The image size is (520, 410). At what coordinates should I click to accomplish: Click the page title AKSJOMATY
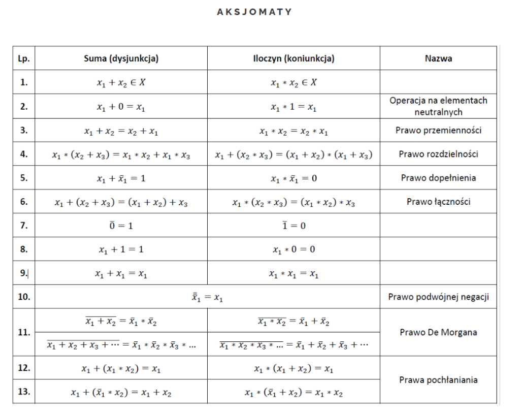(x=254, y=12)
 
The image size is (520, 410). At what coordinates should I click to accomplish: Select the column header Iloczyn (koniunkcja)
(x=294, y=58)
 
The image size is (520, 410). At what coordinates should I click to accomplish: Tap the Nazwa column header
(x=438, y=58)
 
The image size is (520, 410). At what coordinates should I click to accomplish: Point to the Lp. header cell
(x=24, y=58)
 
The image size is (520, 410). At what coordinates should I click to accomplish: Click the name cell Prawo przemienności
(x=438, y=130)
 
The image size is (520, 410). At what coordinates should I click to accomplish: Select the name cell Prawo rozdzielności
(x=438, y=154)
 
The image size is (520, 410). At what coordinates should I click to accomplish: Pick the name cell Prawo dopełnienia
(x=438, y=178)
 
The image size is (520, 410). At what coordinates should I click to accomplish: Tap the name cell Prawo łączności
(x=438, y=202)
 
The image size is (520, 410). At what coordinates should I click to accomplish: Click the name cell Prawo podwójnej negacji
(x=438, y=297)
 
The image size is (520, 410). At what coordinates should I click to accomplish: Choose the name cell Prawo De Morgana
(x=438, y=332)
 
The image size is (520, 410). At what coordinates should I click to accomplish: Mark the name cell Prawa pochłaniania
(x=438, y=380)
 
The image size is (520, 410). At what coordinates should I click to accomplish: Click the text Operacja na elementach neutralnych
(x=438, y=106)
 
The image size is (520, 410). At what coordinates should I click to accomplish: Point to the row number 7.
(x=24, y=225)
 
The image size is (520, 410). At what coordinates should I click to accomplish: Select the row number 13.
(x=24, y=392)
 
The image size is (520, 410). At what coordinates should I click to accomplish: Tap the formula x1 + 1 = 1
(x=121, y=249)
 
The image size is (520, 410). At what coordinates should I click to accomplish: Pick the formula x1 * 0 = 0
(x=293, y=249)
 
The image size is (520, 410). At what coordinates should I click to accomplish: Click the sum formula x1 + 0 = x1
(x=121, y=107)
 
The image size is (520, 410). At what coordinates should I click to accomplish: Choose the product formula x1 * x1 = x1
(x=293, y=274)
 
